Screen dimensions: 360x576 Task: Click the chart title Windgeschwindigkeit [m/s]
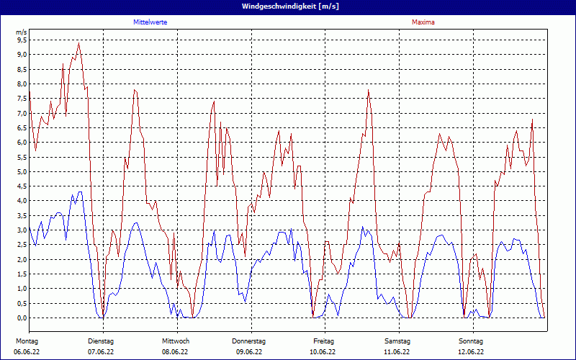(x=288, y=6)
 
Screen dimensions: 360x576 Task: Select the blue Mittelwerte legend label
(x=150, y=22)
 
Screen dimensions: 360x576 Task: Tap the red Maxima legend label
(x=423, y=22)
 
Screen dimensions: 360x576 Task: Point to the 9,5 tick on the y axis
(x=22, y=40)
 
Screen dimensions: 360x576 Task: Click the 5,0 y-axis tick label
(x=22, y=172)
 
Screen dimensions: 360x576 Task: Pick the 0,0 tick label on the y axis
(x=22, y=318)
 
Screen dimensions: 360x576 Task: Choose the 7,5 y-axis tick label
(x=22, y=99)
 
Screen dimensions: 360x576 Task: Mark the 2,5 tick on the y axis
(x=22, y=245)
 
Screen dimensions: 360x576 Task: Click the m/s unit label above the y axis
(x=21, y=32)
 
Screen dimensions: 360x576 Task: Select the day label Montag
(x=27, y=341)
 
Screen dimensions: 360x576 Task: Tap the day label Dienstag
(x=101, y=341)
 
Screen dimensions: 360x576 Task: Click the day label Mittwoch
(x=175, y=341)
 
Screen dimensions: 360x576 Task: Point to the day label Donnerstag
(x=249, y=341)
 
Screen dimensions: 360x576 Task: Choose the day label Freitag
(x=323, y=341)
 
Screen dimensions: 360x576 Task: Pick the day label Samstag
(x=397, y=341)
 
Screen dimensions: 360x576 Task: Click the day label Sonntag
(x=471, y=341)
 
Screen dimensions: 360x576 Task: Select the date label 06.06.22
(x=27, y=352)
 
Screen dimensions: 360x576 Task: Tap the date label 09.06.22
(x=249, y=352)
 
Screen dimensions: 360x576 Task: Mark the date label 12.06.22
(x=471, y=352)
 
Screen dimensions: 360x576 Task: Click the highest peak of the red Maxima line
(x=78, y=43)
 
